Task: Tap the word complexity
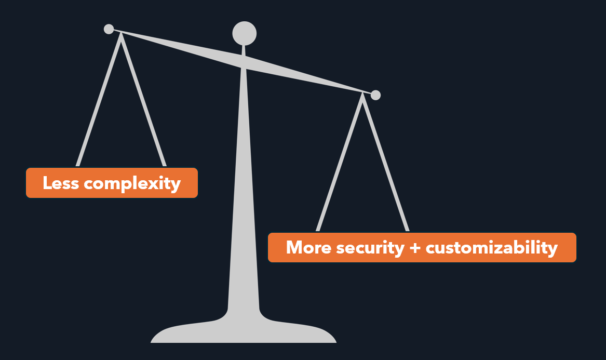point(132,184)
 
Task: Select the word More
point(308,247)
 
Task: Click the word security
point(370,249)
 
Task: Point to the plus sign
point(415,248)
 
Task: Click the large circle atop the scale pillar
point(244,34)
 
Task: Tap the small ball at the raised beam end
point(109,29)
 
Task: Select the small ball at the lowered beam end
point(375,95)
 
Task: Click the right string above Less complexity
point(143,100)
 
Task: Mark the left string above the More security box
point(339,163)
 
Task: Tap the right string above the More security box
point(386,163)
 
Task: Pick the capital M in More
point(294,247)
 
